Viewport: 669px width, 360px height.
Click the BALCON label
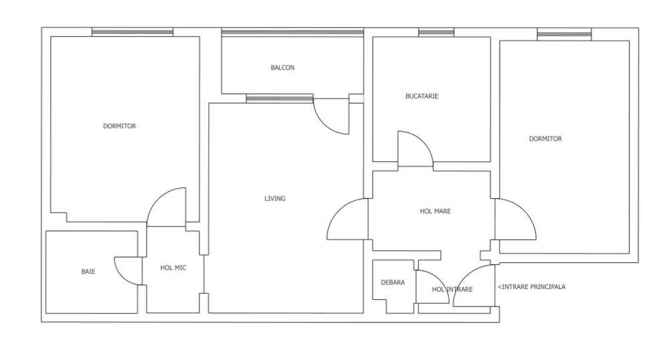(x=282, y=68)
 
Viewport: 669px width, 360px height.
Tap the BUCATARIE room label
(x=422, y=96)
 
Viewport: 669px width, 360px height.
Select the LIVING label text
(x=275, y=198)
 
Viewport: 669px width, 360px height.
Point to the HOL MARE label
(x=435, y=211)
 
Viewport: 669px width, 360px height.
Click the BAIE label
(x=88, y=272)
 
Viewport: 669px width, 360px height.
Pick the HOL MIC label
(x=173, y=268)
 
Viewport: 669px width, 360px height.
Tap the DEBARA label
(x=393, y=282)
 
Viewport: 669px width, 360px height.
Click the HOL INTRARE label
(x=452, y=290)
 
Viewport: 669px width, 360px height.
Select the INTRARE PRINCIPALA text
(x=532, y=287)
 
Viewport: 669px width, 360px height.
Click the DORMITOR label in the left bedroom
(x=120, y=126)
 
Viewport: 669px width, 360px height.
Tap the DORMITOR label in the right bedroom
(x=545, y=139)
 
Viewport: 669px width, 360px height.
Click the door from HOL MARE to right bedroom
(x=514, y=219)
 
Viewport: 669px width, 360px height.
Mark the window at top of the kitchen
(x=436, y=31)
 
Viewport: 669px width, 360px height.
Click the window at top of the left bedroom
(x=132, y=31)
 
